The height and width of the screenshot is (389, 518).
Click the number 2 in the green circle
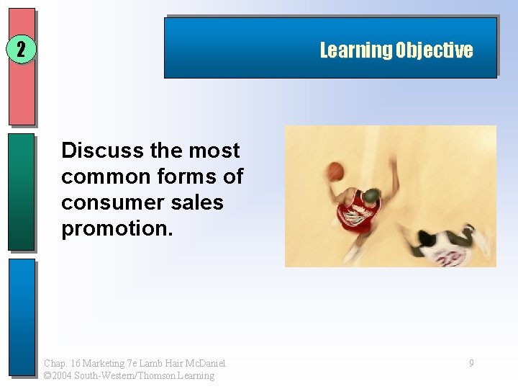pos(21,50)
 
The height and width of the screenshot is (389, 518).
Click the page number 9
pos(471,364)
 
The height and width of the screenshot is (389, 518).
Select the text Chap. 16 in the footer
pos(62,364)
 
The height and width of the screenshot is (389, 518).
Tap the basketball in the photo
pos(335,171)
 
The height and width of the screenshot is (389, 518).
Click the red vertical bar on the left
pos(22,67)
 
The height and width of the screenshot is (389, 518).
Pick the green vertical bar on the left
pos(22,192)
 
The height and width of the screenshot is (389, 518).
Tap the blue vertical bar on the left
pos(22,317)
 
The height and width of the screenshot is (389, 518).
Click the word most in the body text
pos(214,151)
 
